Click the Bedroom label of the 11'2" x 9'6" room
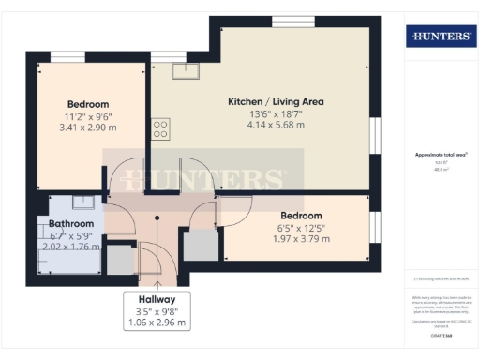[x=88, y=104]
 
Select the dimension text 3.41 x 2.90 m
[x=88, y=127]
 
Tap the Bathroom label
[x=71, y=224]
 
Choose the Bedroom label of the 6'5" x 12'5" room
[x=301, y=215]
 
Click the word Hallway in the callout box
[x=157, y=299]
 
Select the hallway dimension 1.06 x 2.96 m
[x=157, y=322]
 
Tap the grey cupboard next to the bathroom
[x=120, y=260]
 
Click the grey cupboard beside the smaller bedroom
[x=200, y=245]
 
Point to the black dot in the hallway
[x=157, y=220]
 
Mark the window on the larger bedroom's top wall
[x=67, y=58]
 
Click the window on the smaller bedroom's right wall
[x=374, y=225]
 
